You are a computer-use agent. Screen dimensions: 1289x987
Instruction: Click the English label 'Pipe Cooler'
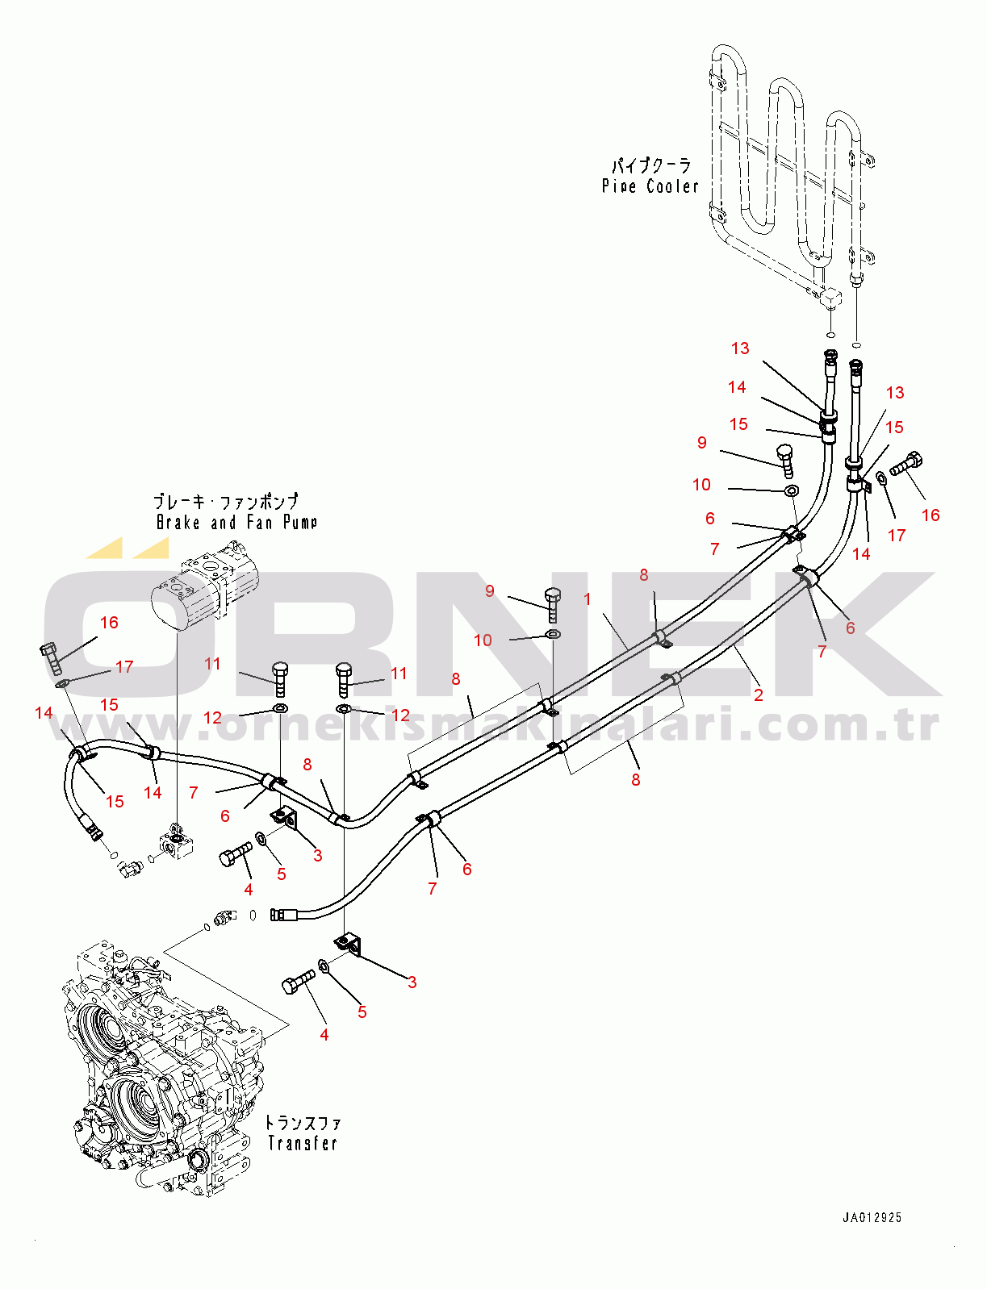[650, 186]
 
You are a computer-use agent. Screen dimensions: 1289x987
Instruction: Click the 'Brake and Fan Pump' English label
[236, 523]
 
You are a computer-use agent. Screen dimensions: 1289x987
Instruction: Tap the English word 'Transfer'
[302, 1143]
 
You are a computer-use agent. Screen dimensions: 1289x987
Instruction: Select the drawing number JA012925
[872, 1218]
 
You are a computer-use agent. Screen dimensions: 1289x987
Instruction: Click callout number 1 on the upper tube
[588, 599]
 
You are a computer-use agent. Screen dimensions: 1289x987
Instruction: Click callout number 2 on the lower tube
[758, 695]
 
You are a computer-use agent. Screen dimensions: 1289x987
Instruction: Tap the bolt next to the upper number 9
[785, 458]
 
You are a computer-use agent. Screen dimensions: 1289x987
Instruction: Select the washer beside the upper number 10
[792, 490]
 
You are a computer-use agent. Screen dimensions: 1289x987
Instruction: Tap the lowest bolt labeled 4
[298, 982]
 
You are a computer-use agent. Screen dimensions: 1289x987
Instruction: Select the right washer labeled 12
[344, 709]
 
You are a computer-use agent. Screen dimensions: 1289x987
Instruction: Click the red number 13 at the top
[740, 348]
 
